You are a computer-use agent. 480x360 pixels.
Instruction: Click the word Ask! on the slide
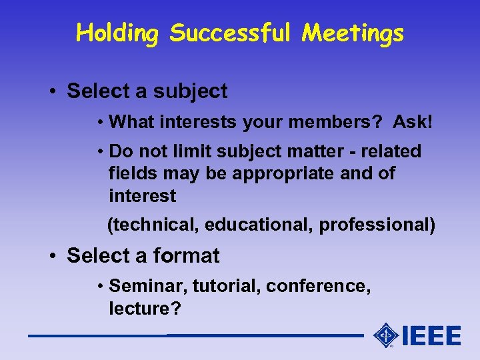(x=413, y=122)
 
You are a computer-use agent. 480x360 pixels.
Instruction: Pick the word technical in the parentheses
(x=155, y=225)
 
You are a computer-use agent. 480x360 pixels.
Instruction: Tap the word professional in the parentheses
(x=375, y=225)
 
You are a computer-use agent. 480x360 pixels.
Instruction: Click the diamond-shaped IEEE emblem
(x=386, y=335)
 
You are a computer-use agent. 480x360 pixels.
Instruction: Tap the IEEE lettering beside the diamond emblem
(x=431, y=335)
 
